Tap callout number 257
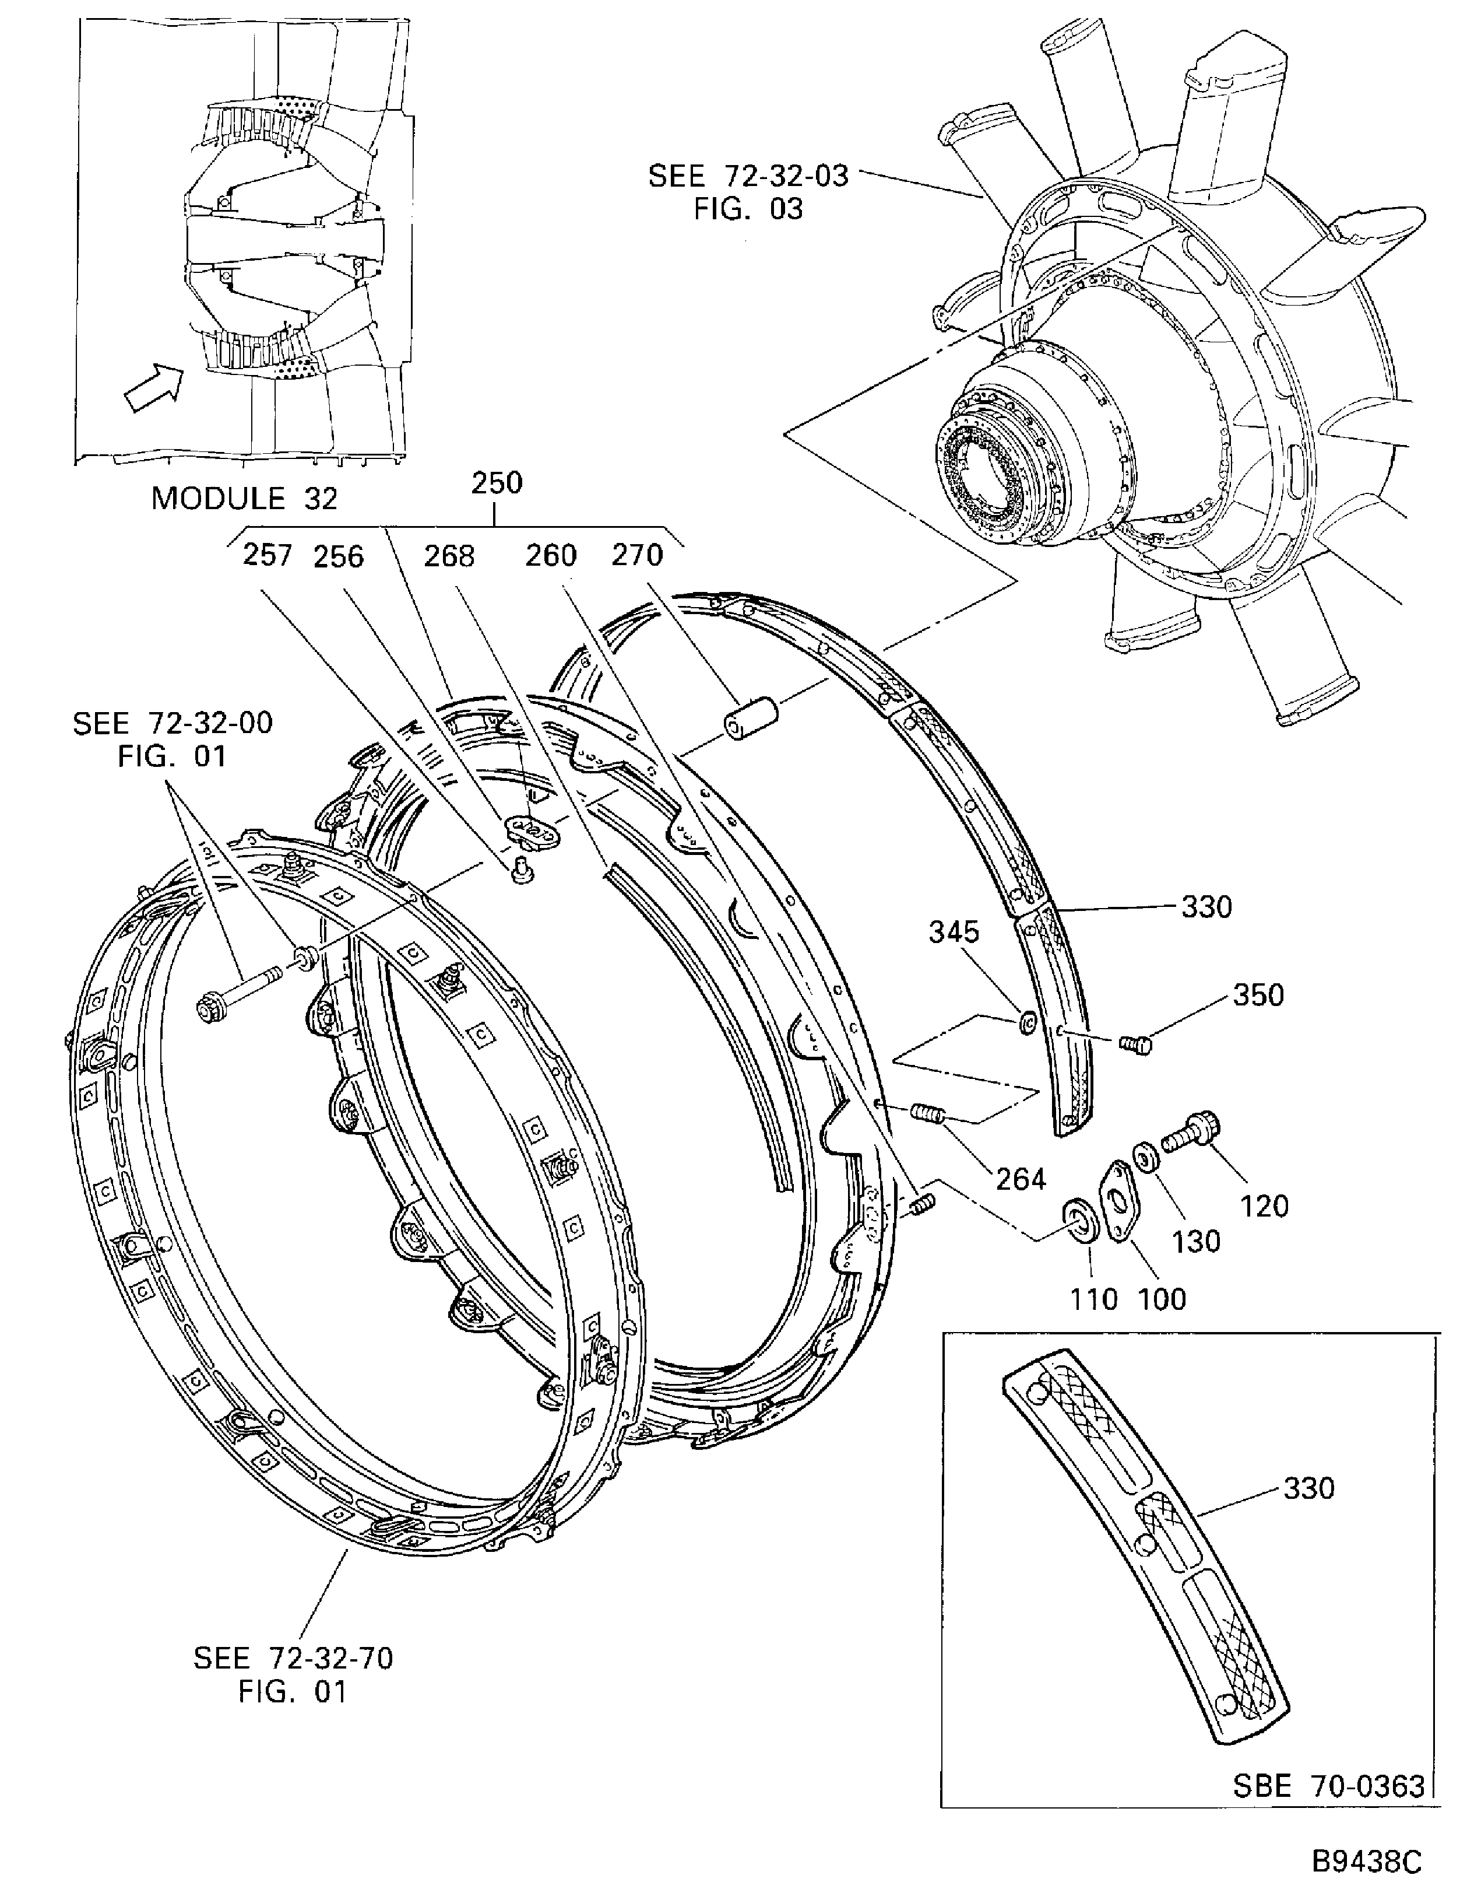(268, 556)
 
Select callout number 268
(449, 556)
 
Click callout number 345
(954, 932)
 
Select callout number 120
(1265, 1206)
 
